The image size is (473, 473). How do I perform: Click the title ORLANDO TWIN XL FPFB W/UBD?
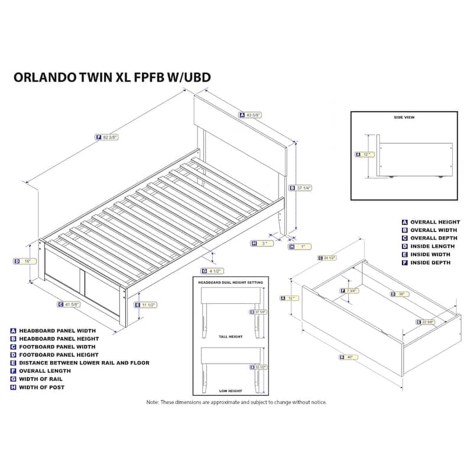pyautogui.click(x=112, y=77)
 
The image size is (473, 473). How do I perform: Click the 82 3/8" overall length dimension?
pyautogui.click(x=110, y=137)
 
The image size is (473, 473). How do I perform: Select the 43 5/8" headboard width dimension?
pyautogui.click(x=255, y=115)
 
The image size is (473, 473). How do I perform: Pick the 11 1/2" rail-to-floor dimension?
pyautogui.click(x=148, y=305)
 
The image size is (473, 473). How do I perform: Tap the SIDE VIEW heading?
pyautogui.click(x=404, y=118)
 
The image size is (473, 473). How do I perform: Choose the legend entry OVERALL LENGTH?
pyautogui.click(x=45, y=371)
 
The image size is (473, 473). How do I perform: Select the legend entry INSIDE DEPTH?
pyautogui.click(x=430, y=262)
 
